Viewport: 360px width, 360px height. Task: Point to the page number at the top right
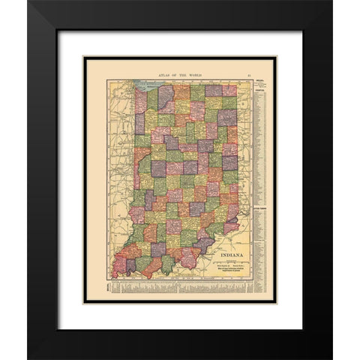247,73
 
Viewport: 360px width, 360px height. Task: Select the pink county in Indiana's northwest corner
140,99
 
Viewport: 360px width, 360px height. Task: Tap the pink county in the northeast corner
229,90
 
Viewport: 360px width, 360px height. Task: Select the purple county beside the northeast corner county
214,90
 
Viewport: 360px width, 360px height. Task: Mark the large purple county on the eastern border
228,162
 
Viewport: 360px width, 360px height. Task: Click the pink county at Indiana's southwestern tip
120,265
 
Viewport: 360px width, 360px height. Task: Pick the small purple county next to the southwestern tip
130,265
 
